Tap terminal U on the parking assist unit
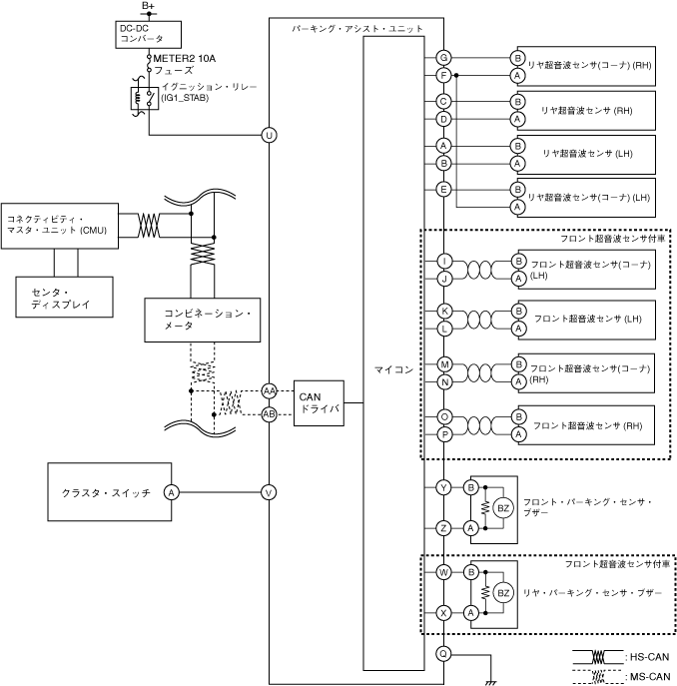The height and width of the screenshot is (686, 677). (269, 135)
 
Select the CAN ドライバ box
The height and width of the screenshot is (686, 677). (320, 402)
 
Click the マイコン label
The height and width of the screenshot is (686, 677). (393, 369)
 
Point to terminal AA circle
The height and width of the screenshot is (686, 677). (269, 390)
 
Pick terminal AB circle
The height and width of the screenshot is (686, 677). (269, 413)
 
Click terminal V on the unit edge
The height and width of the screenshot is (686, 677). (269, 491)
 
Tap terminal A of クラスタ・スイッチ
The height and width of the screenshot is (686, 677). (171, 491)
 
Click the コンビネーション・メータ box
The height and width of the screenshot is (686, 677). (203, 318)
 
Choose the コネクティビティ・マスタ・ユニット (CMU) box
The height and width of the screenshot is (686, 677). (59, 225)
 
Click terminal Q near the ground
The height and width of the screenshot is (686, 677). (443, 654)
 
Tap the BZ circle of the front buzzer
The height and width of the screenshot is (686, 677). (504, 508)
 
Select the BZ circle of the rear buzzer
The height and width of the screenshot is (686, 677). (504, 593)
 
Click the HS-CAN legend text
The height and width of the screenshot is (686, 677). (649, 657)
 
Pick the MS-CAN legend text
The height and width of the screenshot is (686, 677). (649, 676)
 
